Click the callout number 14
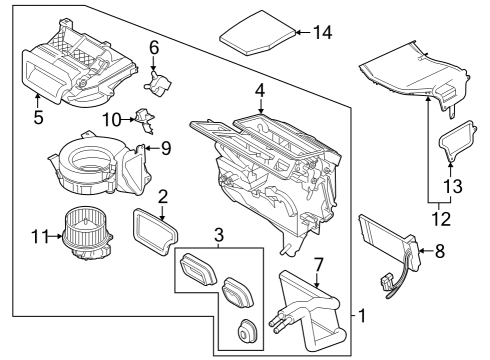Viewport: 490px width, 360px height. pos(321,32)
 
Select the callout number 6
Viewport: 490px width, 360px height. pos(154,47)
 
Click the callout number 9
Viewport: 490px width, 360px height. pos(166,149)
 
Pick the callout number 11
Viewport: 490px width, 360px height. pos(37,237)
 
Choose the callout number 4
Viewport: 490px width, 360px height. pos(259,91)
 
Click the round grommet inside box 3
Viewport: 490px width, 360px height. pos(246,332)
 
